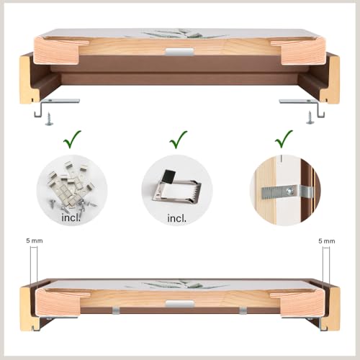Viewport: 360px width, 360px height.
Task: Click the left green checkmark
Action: tap(71, 140)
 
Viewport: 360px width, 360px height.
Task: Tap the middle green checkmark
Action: tap(178, 140)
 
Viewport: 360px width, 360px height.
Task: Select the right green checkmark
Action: tap(283, 140)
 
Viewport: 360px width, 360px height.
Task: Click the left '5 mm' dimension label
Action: tap(35, 240)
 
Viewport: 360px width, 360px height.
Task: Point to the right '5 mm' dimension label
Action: tap(327, 241)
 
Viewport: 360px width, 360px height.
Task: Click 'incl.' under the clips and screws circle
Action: tap(71, 218)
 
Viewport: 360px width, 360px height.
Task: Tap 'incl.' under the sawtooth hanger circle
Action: tap(176, 218)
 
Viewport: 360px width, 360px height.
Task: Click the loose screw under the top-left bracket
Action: tap(50, 119)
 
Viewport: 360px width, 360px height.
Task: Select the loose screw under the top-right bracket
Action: tap(310, 117)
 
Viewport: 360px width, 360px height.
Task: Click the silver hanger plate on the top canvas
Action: tap(179, 52)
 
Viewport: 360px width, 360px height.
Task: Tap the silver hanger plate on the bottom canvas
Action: tap(179, 303)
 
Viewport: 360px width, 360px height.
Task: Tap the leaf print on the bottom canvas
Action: tap(178, 284)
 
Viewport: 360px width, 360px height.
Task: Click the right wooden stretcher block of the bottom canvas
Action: tap(303, 303)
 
